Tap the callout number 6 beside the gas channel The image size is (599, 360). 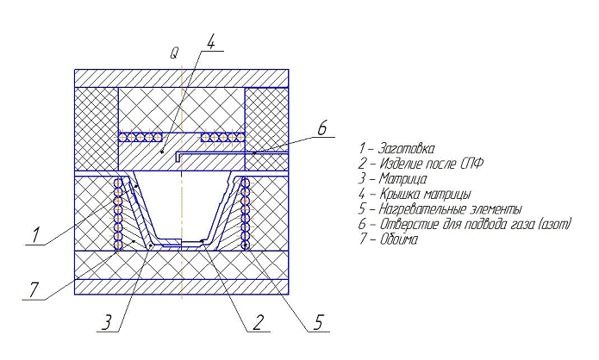[322, 127]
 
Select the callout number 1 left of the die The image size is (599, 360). [35, 235]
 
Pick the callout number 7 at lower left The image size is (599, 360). [34, 289]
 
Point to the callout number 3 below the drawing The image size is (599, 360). [107, 323]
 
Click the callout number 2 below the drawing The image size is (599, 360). [258, 323]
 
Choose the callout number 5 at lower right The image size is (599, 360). [319, 323]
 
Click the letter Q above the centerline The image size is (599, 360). [174, 53]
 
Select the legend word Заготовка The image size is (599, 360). [406, 148]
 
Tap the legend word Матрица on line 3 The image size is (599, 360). [403, 178]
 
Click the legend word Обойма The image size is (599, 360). [399, 239]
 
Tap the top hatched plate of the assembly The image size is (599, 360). [182, 78]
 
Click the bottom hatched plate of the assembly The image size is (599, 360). [182, 287]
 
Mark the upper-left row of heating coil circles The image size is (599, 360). [140, 138]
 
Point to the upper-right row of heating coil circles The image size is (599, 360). [222, 138]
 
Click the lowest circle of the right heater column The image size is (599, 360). [245, 245]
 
